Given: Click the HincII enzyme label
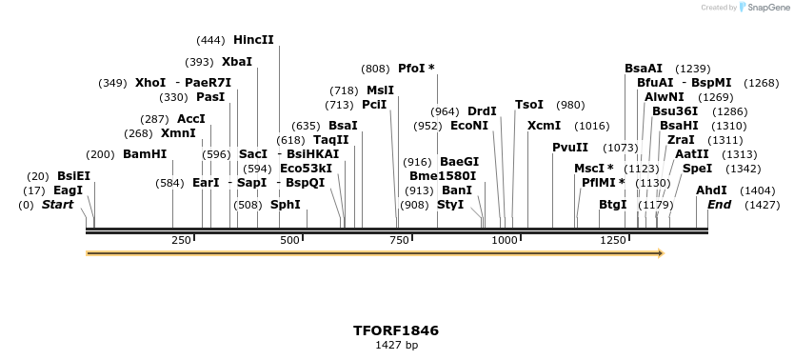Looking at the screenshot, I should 253,40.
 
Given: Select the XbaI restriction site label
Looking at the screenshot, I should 237,62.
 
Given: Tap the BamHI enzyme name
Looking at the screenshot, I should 145,154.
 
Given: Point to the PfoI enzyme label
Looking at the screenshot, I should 412,69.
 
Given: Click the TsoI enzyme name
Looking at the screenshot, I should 529,105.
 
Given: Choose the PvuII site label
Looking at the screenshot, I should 570,148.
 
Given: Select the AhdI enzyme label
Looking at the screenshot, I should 711,190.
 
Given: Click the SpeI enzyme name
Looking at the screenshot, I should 697,169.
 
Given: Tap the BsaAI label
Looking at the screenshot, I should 644,69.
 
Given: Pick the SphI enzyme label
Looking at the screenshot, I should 286,205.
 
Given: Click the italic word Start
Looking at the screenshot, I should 57,205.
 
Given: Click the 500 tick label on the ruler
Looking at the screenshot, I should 289,241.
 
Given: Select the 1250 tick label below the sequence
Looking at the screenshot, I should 613,241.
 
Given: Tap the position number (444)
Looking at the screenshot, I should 210,40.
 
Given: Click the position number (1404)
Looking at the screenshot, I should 758,190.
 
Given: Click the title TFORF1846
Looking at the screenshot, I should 396,330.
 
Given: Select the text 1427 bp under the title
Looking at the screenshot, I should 396,346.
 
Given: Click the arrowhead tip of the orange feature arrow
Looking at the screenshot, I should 662,253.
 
